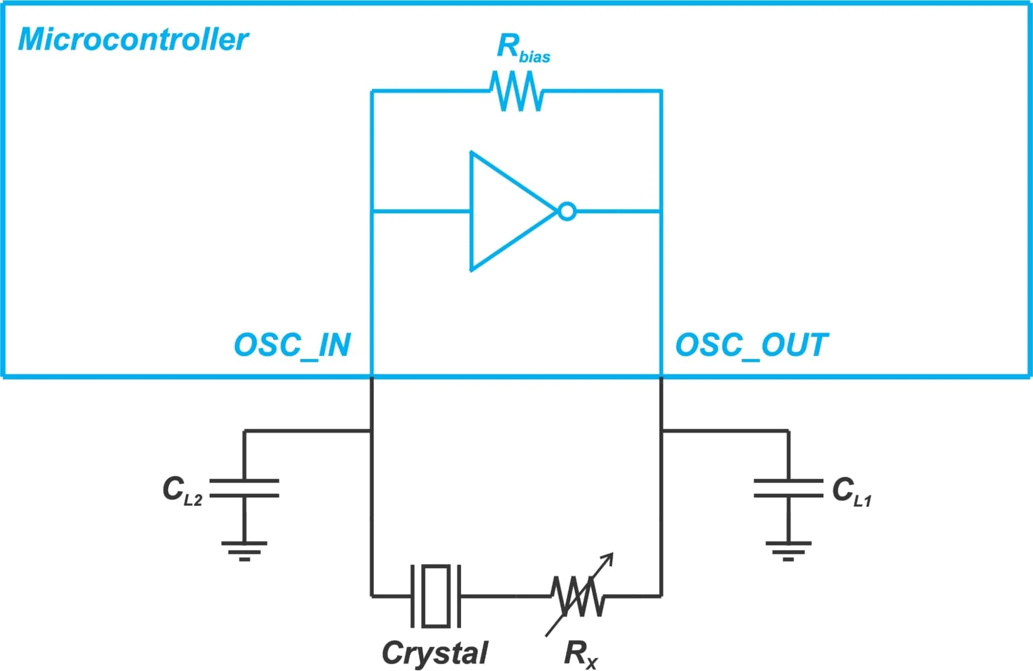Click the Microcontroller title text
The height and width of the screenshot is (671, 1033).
coord(133,40)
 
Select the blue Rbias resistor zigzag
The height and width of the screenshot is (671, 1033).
coord(517,91)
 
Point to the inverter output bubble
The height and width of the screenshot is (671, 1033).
coord(567,212)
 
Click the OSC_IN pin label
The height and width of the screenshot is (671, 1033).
coord(292,345)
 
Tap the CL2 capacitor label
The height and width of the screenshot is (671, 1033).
coord(181,491)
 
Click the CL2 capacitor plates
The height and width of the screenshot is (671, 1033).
coord(244,488)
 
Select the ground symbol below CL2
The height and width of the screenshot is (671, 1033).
coord(244,551)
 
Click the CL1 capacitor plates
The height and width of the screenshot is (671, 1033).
coord(788,488)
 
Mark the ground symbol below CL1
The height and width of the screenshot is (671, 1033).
coord(788,551)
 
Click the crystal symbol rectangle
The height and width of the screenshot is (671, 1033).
coord(436,596)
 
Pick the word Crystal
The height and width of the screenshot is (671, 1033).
coord(435,653)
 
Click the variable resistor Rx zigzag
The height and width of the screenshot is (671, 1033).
coord(577,597)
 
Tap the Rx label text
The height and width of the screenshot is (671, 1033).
coord(580,654)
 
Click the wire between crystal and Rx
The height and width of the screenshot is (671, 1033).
coord(504,596)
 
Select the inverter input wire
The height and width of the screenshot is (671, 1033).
coord(421,211)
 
